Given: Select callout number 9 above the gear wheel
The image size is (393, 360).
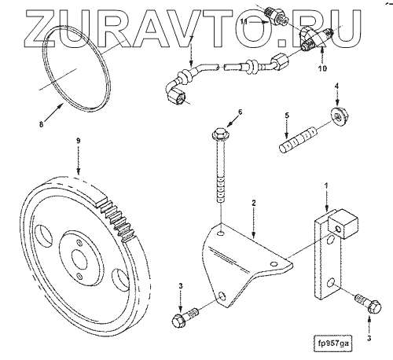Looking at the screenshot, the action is [79, 141].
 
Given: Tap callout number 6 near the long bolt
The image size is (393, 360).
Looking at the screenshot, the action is [240, 112].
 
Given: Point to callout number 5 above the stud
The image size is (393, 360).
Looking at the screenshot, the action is [287, 116].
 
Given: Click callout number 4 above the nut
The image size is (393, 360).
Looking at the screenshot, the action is [337, 86].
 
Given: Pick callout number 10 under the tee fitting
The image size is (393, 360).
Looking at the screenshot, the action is [323, 68].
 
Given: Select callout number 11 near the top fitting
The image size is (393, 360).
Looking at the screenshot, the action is [244, 22].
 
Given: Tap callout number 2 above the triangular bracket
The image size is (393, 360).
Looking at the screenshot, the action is [253, 203].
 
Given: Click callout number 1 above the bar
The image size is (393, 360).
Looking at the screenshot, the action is [326, 186].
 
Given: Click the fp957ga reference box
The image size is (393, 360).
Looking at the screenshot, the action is [332, 343].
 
